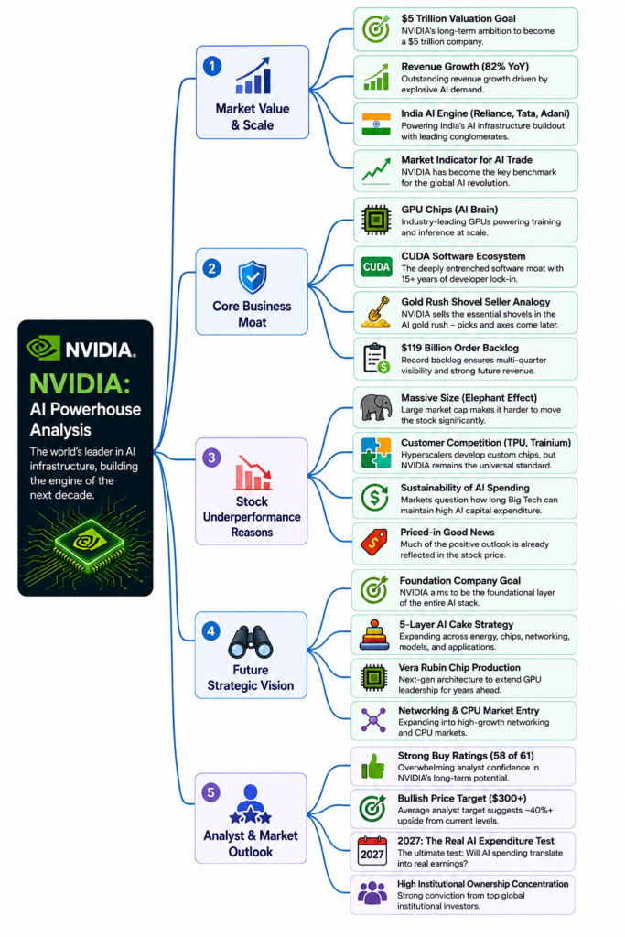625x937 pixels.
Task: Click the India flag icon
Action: pyautogui.click(x=376, y=124)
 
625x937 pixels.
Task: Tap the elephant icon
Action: pyautogui.click(x=376, y=407)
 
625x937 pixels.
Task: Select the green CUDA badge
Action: pyautogui.click(x=376, y=267)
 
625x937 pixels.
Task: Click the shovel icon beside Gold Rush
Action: pyautogui.click(x=376, y=312)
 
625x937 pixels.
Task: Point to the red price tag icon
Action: pyautogui.click(x=374, y=542)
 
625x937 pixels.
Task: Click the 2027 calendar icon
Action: pyautogui.click(x=372, y=851)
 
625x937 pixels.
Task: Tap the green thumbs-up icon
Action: pyautogui.click(x=372, y=766)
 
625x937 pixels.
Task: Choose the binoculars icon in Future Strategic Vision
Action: pyautogui.click(x=251, y=641)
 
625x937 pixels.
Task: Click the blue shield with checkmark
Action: pyautogui.click(x=253, y=277)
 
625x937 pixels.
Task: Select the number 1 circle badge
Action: pyautogui.click(x=212, y=66)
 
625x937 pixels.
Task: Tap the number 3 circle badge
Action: pyautogui.click(x=211, y=458)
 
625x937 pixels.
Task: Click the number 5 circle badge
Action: pyautogui.click(x=210, y=792)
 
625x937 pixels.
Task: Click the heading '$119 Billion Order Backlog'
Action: pyautogui.click(x=459, y=348)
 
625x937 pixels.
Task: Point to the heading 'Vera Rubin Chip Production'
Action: pyautogui.click(x=458, y=667)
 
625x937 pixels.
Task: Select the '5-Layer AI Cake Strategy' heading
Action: pyautogui.click(x=456, y=624)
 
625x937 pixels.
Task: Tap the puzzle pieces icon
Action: pyautogui.click(x=376, y=453)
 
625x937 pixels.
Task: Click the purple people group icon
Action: pyautogui.click(x=372, y=893)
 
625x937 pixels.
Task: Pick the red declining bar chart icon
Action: pyautogui.click(x=253, y=473)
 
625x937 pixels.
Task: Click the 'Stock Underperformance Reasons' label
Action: pyautogui.click(x=252, y=517)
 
